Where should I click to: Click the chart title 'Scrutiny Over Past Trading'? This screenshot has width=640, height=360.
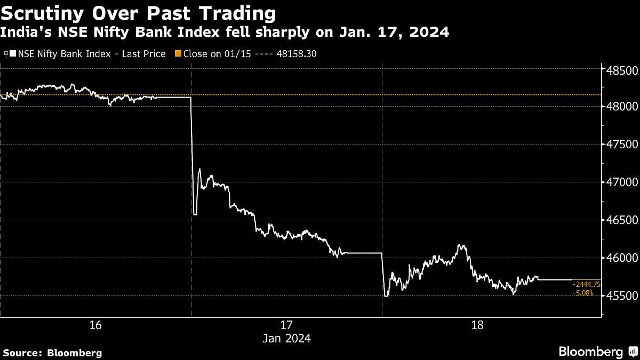[138, 13]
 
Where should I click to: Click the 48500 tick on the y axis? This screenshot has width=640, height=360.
[619, 70]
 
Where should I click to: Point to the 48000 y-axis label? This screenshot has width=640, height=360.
[619, 107]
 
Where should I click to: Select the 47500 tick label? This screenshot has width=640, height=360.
[619, 145]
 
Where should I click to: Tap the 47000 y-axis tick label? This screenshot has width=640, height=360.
[619, 182]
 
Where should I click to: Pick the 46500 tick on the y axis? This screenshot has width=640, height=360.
[619, 220]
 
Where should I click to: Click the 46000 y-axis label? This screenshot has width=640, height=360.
[619, 258]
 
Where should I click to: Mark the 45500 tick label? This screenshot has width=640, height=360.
[619, 296]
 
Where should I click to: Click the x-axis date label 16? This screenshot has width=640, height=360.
[95, 325]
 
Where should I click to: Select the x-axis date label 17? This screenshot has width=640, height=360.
[286, 325]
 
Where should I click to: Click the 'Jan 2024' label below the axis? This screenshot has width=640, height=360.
[286, 338]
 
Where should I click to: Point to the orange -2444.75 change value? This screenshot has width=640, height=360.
[586, 284]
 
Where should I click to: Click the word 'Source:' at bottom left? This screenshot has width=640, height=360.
[23, 353]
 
